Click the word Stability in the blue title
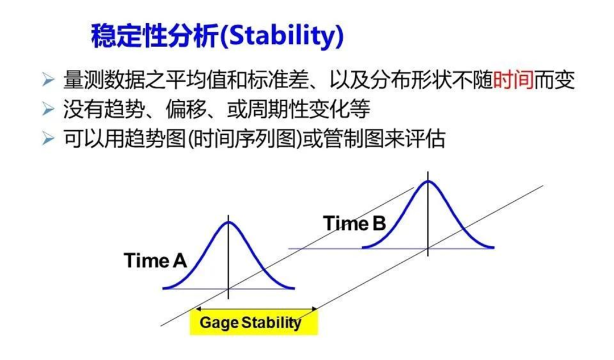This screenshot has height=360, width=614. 282,36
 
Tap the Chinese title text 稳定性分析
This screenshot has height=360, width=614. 155,36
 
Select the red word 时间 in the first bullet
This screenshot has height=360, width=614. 513,80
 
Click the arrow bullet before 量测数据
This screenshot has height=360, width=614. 48,80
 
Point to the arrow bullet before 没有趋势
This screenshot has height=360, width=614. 48,109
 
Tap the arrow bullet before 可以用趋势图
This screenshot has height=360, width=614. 48,138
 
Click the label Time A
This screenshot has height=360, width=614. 155,260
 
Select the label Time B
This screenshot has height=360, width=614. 355,224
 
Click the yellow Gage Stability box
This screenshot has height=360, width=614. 254,323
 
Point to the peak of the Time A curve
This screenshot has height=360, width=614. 229,222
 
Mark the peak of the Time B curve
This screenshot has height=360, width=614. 428,181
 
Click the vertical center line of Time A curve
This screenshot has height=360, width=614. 229,257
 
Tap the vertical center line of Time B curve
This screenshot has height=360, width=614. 428,214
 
